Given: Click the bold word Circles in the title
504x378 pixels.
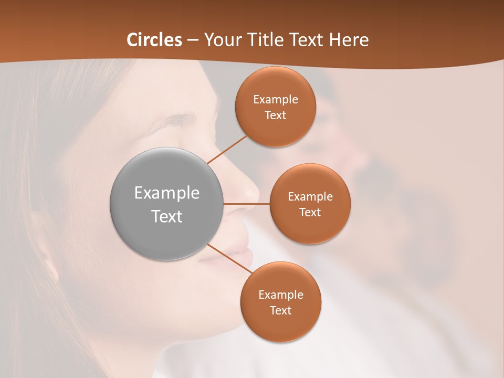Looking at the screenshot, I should point(154,40).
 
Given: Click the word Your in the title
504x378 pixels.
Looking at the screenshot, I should point(221,40).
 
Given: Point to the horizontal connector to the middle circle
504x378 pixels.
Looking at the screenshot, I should point(247,204).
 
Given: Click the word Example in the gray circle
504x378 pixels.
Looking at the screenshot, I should point(167,193).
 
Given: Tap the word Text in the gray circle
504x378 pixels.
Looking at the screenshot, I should point(167,216).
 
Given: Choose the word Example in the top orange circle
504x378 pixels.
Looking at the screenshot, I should point(275,100).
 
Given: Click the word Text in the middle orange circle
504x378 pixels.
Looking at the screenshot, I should point(310,212).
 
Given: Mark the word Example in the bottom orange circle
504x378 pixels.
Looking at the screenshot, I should point(280,295).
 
